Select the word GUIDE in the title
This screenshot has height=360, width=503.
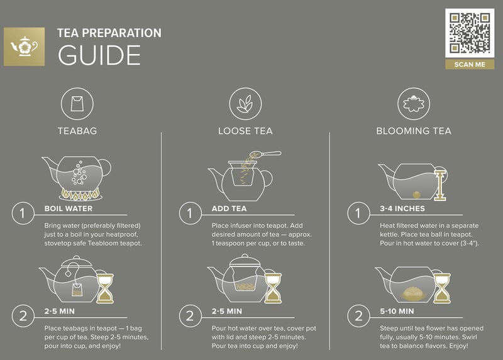click(x=99, y=55)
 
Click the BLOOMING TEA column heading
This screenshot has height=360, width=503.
click(x=413, y=131)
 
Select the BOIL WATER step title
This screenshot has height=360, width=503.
click(x=69, y=209)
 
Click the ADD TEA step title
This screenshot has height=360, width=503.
click(x=230, y=209)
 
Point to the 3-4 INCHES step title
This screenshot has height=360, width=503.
click(x=402, y=209)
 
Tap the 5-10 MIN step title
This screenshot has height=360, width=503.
click(x=397, y=311)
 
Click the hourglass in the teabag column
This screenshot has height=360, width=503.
click(x=108, y=287)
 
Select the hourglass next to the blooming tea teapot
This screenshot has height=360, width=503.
click(x=443, y=287)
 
